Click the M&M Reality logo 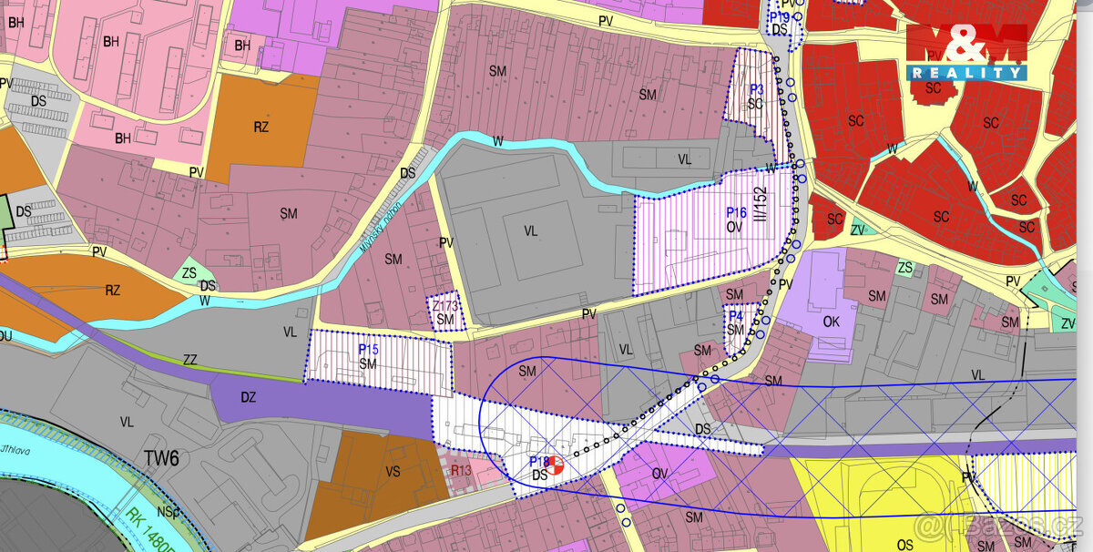(966, 52)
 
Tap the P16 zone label (736, 212)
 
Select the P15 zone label (368, 349)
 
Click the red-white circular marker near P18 (554, 465)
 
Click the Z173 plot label (444, 307)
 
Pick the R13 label (461, 470)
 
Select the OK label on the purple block (831, 322)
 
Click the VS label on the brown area (393, 472)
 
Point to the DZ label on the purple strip (248, 397)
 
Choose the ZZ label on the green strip (189, 361)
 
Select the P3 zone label (756, 89)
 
